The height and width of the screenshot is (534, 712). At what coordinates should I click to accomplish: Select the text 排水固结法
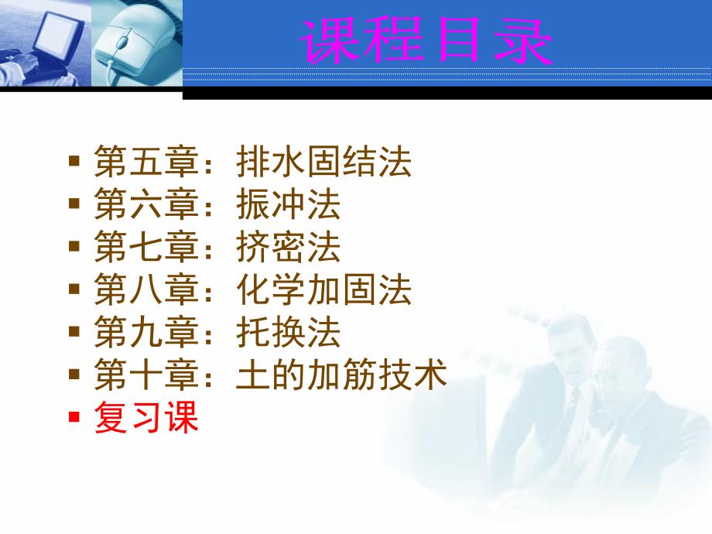click(324, 163)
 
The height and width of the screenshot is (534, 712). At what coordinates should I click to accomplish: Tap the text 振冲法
click(289, 206)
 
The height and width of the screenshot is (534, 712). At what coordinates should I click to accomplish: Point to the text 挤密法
click(289, 249)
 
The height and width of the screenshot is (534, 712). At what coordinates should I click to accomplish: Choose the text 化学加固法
click(324, 292)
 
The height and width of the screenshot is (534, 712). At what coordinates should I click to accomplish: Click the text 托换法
click(289, 334)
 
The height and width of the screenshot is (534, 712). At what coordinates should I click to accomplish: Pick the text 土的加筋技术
click(342, 377)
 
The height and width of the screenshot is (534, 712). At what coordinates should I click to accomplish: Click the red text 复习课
click(146, 419)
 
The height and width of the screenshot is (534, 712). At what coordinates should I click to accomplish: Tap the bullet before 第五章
click(74, 162)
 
